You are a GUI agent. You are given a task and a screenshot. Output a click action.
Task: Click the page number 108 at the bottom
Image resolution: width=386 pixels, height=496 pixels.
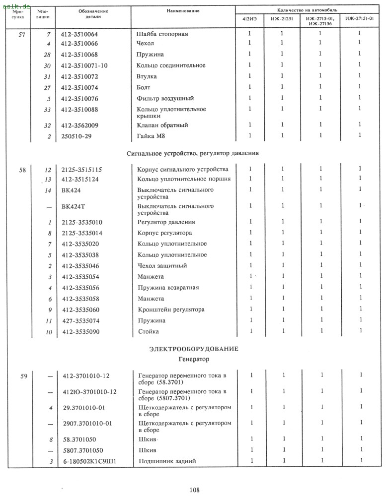click(194, 490)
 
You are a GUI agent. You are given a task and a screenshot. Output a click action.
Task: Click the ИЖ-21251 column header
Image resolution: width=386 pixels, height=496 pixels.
click(281, 19)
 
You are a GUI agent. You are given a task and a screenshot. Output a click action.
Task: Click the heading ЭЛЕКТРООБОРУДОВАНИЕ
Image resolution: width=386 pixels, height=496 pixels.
click(194, 349)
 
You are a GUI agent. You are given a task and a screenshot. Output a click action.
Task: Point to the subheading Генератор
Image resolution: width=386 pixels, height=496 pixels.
click(194, 359)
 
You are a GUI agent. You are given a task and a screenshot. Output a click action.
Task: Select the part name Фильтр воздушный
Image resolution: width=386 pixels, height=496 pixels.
click(165, 98)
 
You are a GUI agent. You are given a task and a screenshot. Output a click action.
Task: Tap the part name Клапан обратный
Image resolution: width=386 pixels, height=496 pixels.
click(162, 125)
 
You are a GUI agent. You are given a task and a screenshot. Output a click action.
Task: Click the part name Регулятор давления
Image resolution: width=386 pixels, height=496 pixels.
click(166, 222)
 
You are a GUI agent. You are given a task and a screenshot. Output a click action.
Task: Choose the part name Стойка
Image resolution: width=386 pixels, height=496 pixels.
click(148, 331)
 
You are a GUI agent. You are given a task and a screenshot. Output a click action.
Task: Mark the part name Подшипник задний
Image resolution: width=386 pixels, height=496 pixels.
click(166, 461)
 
